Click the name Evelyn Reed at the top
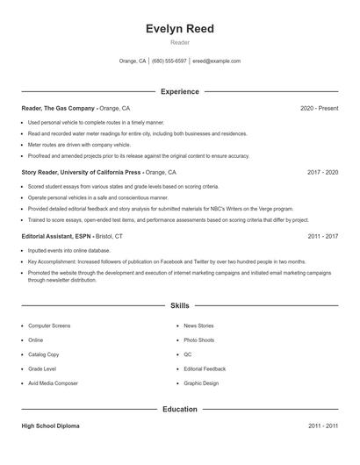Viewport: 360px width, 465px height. coord(179,29)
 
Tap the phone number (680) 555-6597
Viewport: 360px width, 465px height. coord(169,61)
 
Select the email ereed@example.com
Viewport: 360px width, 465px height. coord(216,61)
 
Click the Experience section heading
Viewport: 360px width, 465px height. coord(179,91)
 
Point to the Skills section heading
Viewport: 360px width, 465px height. coord(179,305)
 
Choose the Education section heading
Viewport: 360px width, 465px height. coord(179,409)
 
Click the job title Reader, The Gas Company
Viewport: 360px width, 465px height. coord(58,108)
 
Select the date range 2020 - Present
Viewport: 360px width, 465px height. coord(319,108)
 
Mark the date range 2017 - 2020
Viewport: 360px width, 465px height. coord(322,173)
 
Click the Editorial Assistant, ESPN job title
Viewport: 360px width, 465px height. coord(58,237)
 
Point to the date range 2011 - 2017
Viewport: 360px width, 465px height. coord(322,237)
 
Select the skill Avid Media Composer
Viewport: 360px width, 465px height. coord(54,383)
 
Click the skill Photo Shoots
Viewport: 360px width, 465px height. coord(199,340)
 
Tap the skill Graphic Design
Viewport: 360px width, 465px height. coord(201,383)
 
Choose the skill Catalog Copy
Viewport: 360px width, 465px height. coord(44,354)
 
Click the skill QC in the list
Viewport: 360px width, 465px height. coord(188,354)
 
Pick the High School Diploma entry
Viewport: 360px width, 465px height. coord(50,426)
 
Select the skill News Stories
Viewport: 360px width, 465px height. coord(199,325)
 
